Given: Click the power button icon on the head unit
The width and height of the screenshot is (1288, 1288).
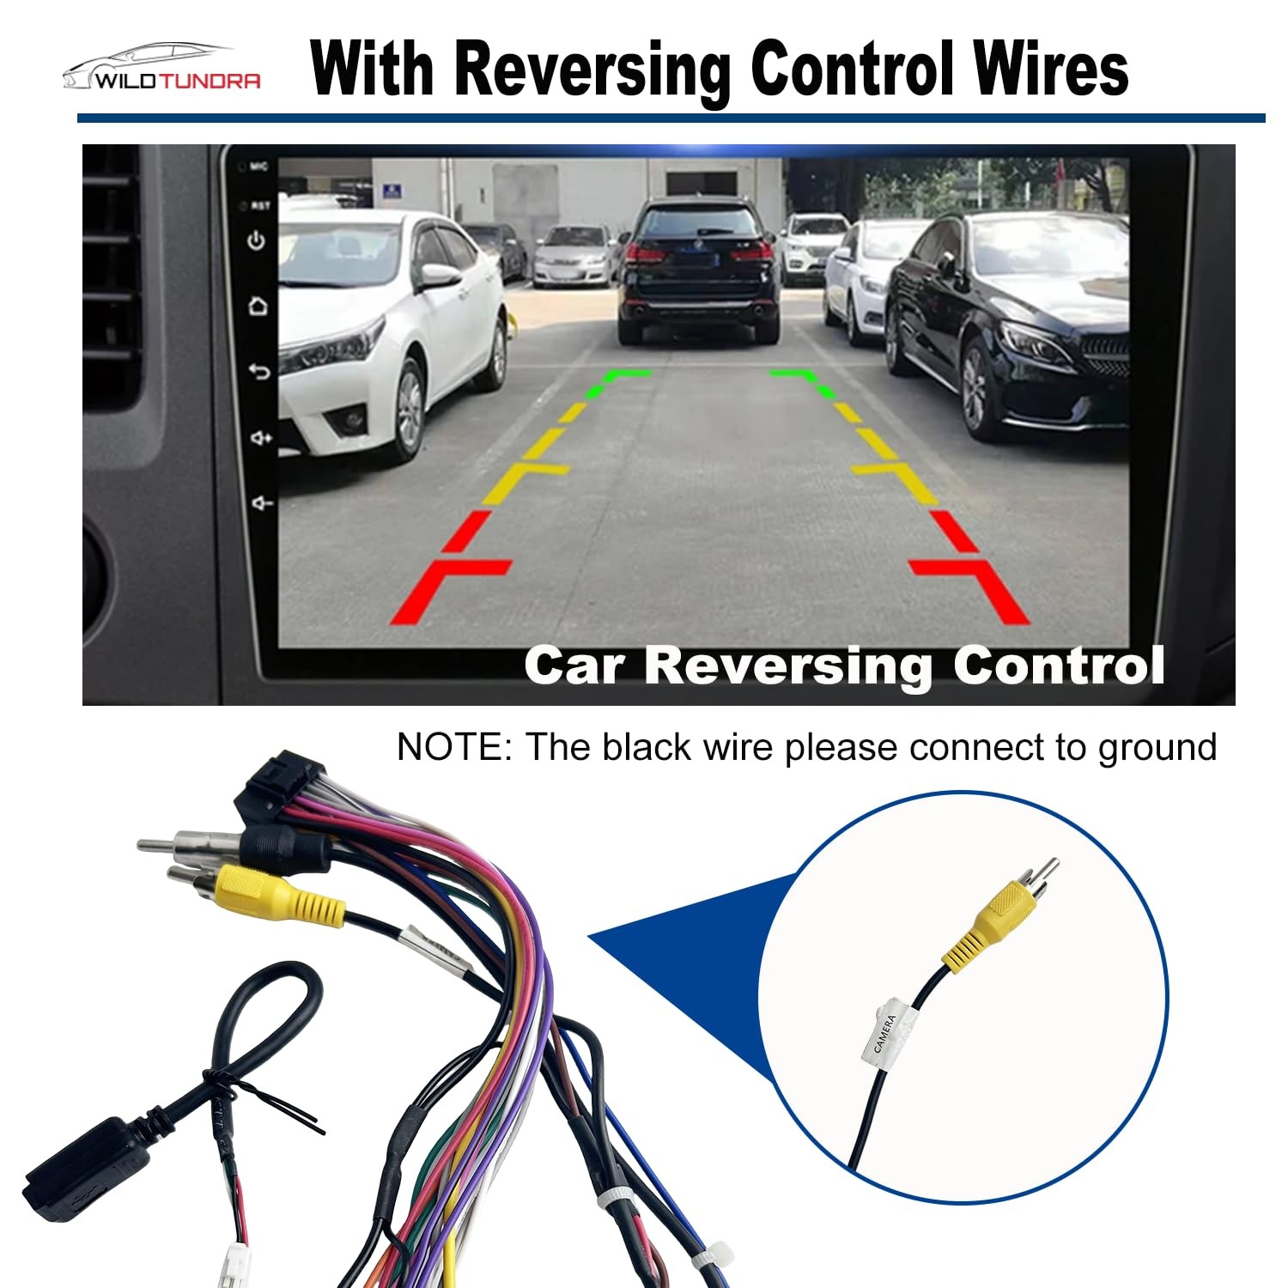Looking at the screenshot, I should [x=256, y=241].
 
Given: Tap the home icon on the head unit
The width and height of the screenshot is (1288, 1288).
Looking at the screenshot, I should [x=257, y=306].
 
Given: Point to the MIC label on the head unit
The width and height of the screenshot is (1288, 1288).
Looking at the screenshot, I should [x=259, y=167].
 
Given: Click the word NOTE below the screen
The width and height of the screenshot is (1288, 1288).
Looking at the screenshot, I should [x=453, y=747].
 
